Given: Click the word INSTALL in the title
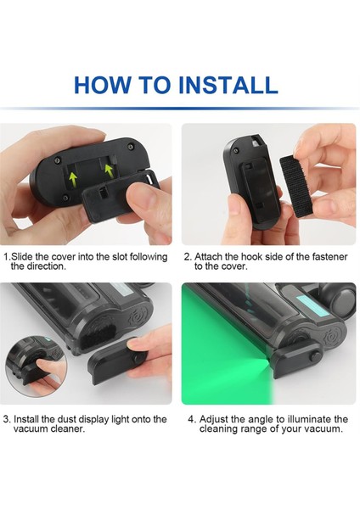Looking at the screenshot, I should (x=228, y=85).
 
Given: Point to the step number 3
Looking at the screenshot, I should (x=6, y=419).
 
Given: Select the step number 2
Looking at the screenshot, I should (x=187, y=256).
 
